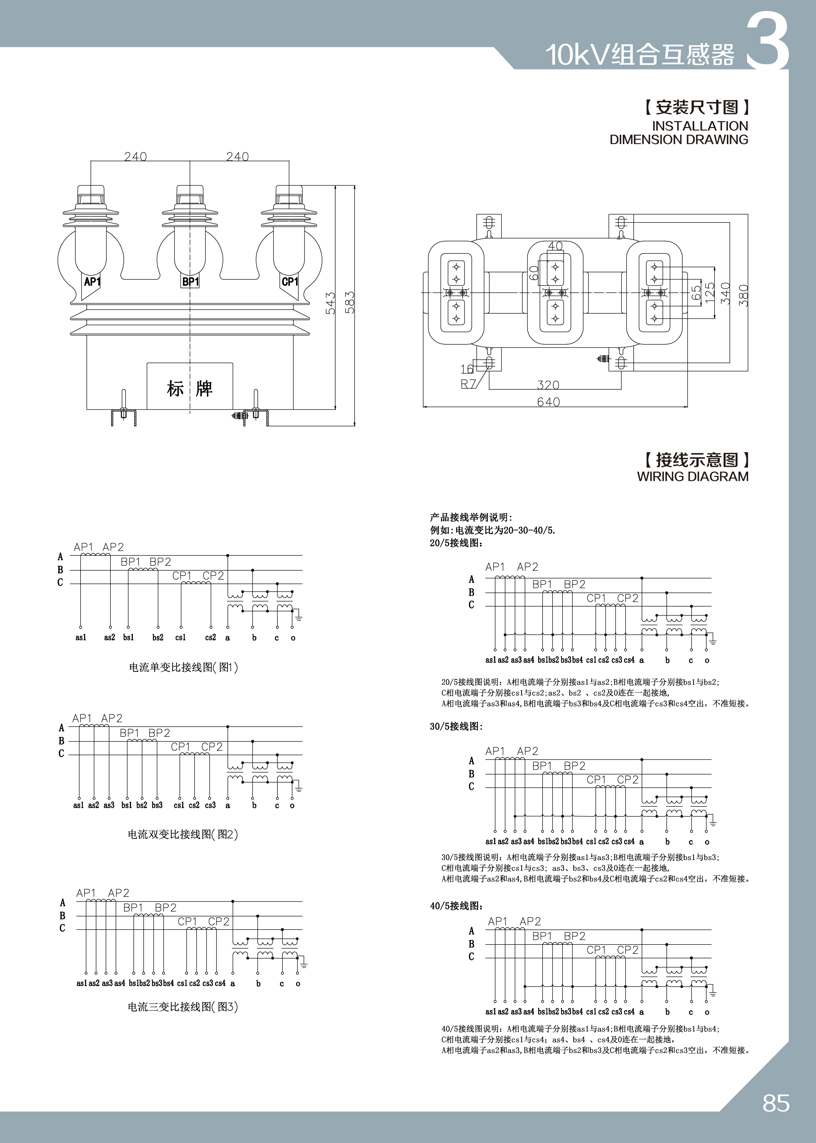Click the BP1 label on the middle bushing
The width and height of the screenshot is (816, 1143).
[x=190, y=282]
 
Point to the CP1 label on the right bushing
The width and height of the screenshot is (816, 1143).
[x=290, y=282]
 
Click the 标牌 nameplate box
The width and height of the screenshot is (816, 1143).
[x=190, y=388]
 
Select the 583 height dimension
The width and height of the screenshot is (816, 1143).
[x=350, y=302]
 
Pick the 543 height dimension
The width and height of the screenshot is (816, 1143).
[x=330, y=303]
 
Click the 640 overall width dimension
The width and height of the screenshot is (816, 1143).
[x=548, y=402]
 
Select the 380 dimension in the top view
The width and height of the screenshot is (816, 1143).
[x=743, y=295]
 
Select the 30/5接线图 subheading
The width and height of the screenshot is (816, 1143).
[x=456, y=727]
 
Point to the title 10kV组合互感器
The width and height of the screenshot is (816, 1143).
[x=640, y=54]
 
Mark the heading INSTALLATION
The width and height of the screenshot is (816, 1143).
[x=700, y=126]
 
